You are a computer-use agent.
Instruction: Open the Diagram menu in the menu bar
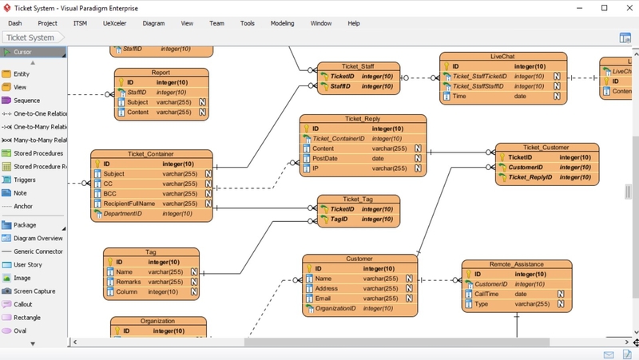pos(153,23)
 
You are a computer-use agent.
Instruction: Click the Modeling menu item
pos(282,23)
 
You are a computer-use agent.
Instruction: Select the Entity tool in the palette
pos(22,74)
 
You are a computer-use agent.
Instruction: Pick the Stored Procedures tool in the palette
pos(38,153)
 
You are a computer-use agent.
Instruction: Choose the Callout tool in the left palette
pos(23,304)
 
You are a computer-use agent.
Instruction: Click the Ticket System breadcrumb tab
pos(30,38)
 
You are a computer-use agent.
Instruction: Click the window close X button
pos(624,7)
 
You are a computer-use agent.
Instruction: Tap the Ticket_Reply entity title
pos(363,119)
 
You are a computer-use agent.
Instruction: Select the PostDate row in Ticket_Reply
pos(326,158)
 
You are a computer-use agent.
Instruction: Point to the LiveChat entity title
pos(502,57)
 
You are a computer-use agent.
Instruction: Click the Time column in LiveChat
pos(459,96)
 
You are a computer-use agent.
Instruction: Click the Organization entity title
pos(157,321)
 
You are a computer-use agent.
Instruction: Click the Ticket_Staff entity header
pos(358,66)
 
